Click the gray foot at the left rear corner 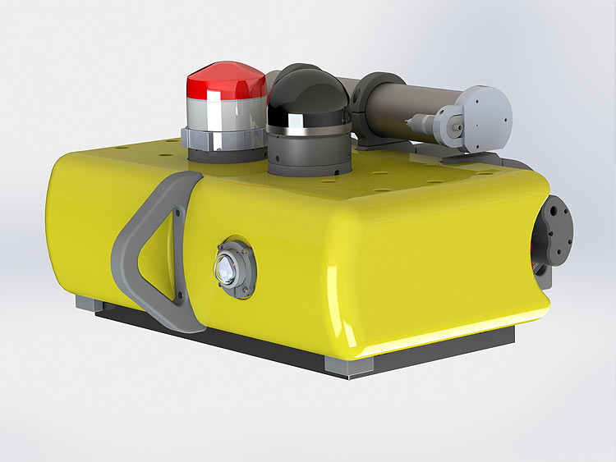[87, 303]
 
